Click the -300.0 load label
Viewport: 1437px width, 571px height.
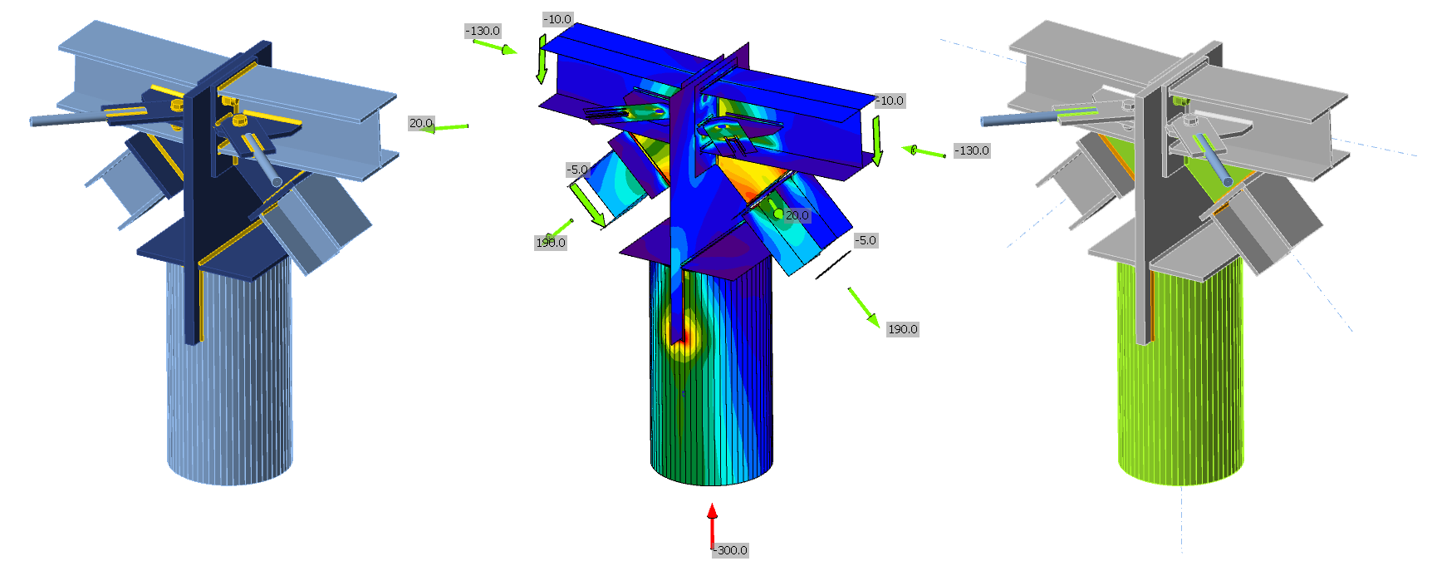(x=732, y=550)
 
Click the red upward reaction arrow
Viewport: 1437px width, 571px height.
(x=712, y=525)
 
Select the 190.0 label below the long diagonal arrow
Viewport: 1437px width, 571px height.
(x=903, y=329)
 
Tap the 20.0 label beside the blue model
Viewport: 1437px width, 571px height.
(x=420, y=123)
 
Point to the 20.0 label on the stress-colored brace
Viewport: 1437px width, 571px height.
(x=797, y=215)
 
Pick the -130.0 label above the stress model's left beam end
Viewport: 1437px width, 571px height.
(x=483, y=31)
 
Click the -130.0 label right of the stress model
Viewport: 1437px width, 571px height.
(x=972, y=150)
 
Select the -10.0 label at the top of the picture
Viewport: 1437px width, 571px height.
(x=557, y=19)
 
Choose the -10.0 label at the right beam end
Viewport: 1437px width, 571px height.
(x=890, y=101)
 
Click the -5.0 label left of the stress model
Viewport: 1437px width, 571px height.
(x=577, y=170)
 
